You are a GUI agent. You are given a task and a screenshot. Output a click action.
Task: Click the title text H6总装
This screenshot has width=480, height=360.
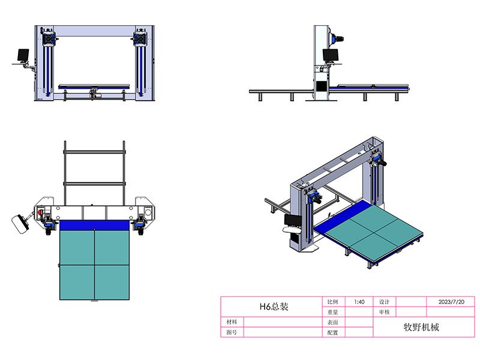274,307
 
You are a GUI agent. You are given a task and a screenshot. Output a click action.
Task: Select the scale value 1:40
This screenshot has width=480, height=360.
359,302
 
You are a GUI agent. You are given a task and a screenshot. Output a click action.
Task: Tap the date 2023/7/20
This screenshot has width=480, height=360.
451,302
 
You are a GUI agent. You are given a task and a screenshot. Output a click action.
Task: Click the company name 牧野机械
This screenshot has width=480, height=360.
421,327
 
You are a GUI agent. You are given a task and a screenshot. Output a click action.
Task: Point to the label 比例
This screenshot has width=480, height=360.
333,302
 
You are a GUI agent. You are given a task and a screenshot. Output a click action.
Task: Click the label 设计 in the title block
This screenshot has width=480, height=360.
384,302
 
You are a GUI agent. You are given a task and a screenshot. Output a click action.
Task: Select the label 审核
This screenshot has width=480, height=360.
384,312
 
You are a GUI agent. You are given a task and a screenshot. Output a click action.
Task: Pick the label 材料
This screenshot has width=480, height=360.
232,322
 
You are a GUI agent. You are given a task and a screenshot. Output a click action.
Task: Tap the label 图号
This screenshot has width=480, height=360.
232,332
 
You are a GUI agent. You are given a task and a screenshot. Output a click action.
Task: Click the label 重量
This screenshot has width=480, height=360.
333,312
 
